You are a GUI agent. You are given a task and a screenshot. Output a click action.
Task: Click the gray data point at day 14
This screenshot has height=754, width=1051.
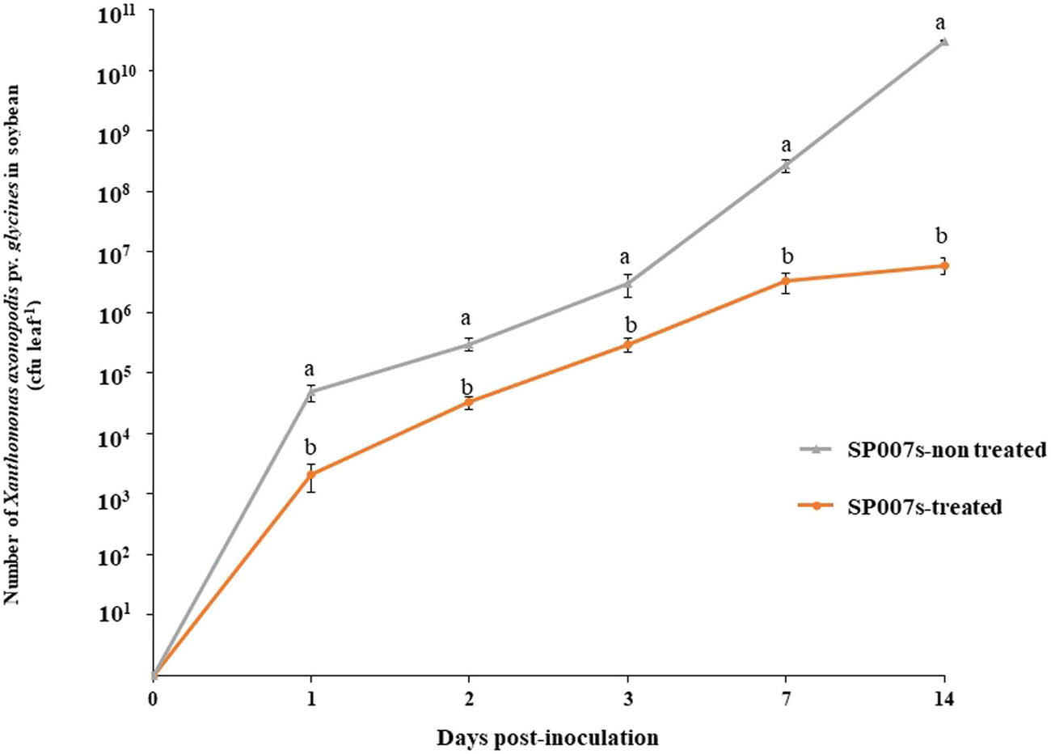pyautogui.click(x=943, y=41)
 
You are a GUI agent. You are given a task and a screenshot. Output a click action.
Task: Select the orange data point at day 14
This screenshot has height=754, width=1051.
pyautogui.click(x=943, y=265)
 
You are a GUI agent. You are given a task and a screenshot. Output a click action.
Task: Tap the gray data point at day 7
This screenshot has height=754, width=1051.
pyautogui.click(x=786, y=166)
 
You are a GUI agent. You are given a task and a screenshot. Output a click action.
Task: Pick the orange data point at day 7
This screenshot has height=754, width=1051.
pyautogui.click(x=786, y=281)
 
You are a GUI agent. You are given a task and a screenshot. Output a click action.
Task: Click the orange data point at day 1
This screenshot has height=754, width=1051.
pyautogui.click(x=311, y=474)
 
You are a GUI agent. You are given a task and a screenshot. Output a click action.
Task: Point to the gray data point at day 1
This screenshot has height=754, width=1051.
pyautogui.click(x=311, y=392)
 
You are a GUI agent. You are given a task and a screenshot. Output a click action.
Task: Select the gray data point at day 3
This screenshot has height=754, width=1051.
pyautogui.click(x=628, y=283)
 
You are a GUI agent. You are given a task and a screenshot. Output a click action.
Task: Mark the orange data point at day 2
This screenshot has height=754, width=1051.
pyautogui.click(x=469, y=402)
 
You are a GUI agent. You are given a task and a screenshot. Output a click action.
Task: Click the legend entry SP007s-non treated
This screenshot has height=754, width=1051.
pyautogui.click(x=946, y=451)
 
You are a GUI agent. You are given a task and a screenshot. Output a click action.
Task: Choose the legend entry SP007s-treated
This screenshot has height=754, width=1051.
pyautogui.click(x=924, y=506)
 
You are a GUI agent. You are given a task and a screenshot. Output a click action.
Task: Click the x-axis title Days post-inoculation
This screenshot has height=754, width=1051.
pyautogui.click(x=547, y=737)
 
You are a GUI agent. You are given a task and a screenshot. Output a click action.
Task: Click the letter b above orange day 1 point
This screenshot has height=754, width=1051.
pyautogui.click(x=310, y=447)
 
